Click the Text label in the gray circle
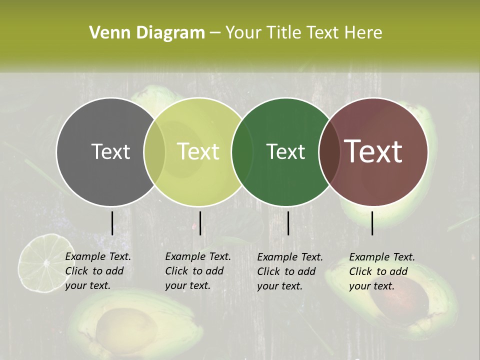[110, 151]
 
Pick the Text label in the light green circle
[198, 151]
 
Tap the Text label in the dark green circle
[285, 151]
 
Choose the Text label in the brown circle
[373, 151]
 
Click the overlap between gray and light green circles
[154, 151]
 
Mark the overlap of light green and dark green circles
[242, 151]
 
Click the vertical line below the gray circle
[112, 223]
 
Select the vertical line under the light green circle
[200, 223]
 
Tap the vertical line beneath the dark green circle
[288, 223]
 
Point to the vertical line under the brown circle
[372, 223]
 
